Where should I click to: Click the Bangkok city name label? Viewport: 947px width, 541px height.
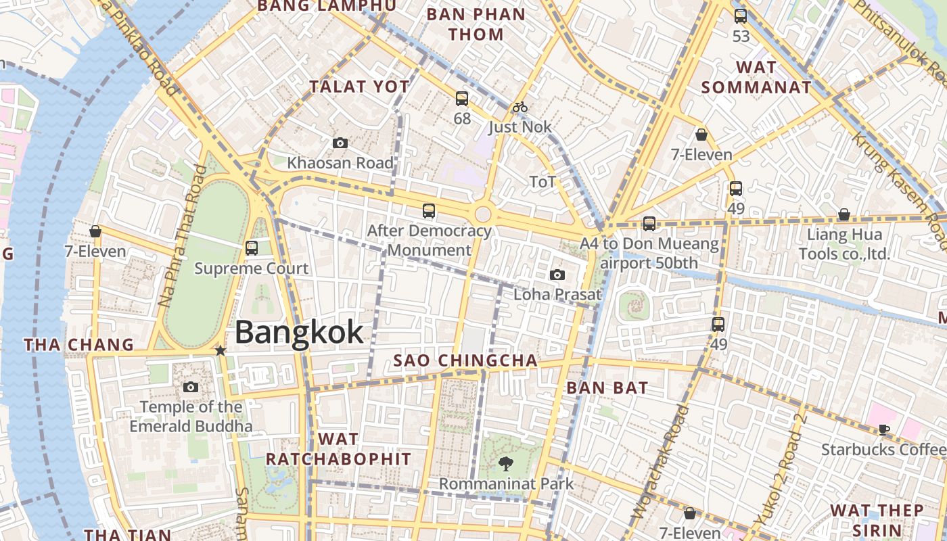(299, 332)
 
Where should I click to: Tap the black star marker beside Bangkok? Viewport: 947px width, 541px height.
(220, 350)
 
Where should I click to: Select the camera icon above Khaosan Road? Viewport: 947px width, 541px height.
(340, 143)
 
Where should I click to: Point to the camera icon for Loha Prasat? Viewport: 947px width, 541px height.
(557, 275)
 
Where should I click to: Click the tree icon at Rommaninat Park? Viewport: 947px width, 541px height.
(505, 463)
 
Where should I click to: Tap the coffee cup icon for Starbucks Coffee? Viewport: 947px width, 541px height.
(883, 429)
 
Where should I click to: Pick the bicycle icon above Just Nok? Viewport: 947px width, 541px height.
(519, 107)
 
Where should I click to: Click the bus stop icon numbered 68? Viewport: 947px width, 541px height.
(462, 99)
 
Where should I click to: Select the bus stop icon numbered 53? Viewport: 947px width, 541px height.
(741, 16)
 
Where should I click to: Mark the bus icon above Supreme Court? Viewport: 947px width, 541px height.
(252, 248)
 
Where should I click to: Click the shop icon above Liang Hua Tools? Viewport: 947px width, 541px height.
(844, 215)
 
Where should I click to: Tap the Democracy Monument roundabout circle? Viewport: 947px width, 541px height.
(483, 214)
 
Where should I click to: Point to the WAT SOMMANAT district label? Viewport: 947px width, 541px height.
(756, 77)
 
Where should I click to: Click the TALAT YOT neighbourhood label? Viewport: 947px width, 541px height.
(359, 87)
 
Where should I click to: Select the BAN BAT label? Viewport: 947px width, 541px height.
(607, 388)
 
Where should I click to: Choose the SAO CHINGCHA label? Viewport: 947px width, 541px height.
(465, 360)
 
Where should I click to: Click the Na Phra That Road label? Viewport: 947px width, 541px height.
(181, 237)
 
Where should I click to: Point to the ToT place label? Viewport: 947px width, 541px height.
(542, 181)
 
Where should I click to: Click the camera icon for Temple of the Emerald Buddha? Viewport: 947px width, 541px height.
(191, 387)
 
